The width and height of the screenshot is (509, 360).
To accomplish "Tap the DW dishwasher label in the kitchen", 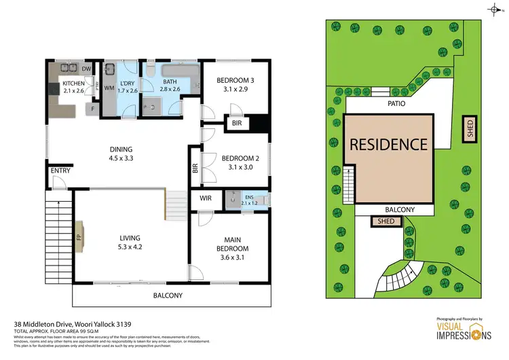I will click(87, 69).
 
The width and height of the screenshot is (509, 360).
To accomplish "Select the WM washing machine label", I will click(109, 88).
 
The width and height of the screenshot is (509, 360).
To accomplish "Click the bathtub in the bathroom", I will click(179, 71).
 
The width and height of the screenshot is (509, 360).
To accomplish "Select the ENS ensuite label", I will click(251, 199).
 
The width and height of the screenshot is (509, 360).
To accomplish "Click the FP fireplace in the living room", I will click(79, 238).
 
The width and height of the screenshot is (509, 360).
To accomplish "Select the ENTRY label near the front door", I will click(58, 170).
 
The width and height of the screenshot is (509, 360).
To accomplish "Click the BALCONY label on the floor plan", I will click(167, 295).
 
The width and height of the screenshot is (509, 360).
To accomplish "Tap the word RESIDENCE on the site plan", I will click(388, 144).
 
